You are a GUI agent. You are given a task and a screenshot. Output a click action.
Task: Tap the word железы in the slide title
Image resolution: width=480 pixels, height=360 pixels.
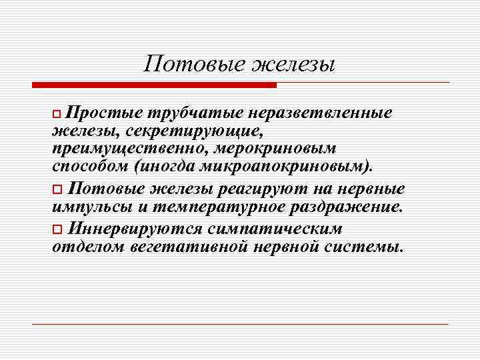tap(293, 65)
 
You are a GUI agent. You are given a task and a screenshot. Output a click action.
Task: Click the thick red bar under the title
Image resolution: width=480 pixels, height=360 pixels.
tap(153, 85)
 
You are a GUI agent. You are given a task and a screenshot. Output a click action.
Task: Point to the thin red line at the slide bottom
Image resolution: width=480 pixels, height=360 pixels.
tap(240, 324)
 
